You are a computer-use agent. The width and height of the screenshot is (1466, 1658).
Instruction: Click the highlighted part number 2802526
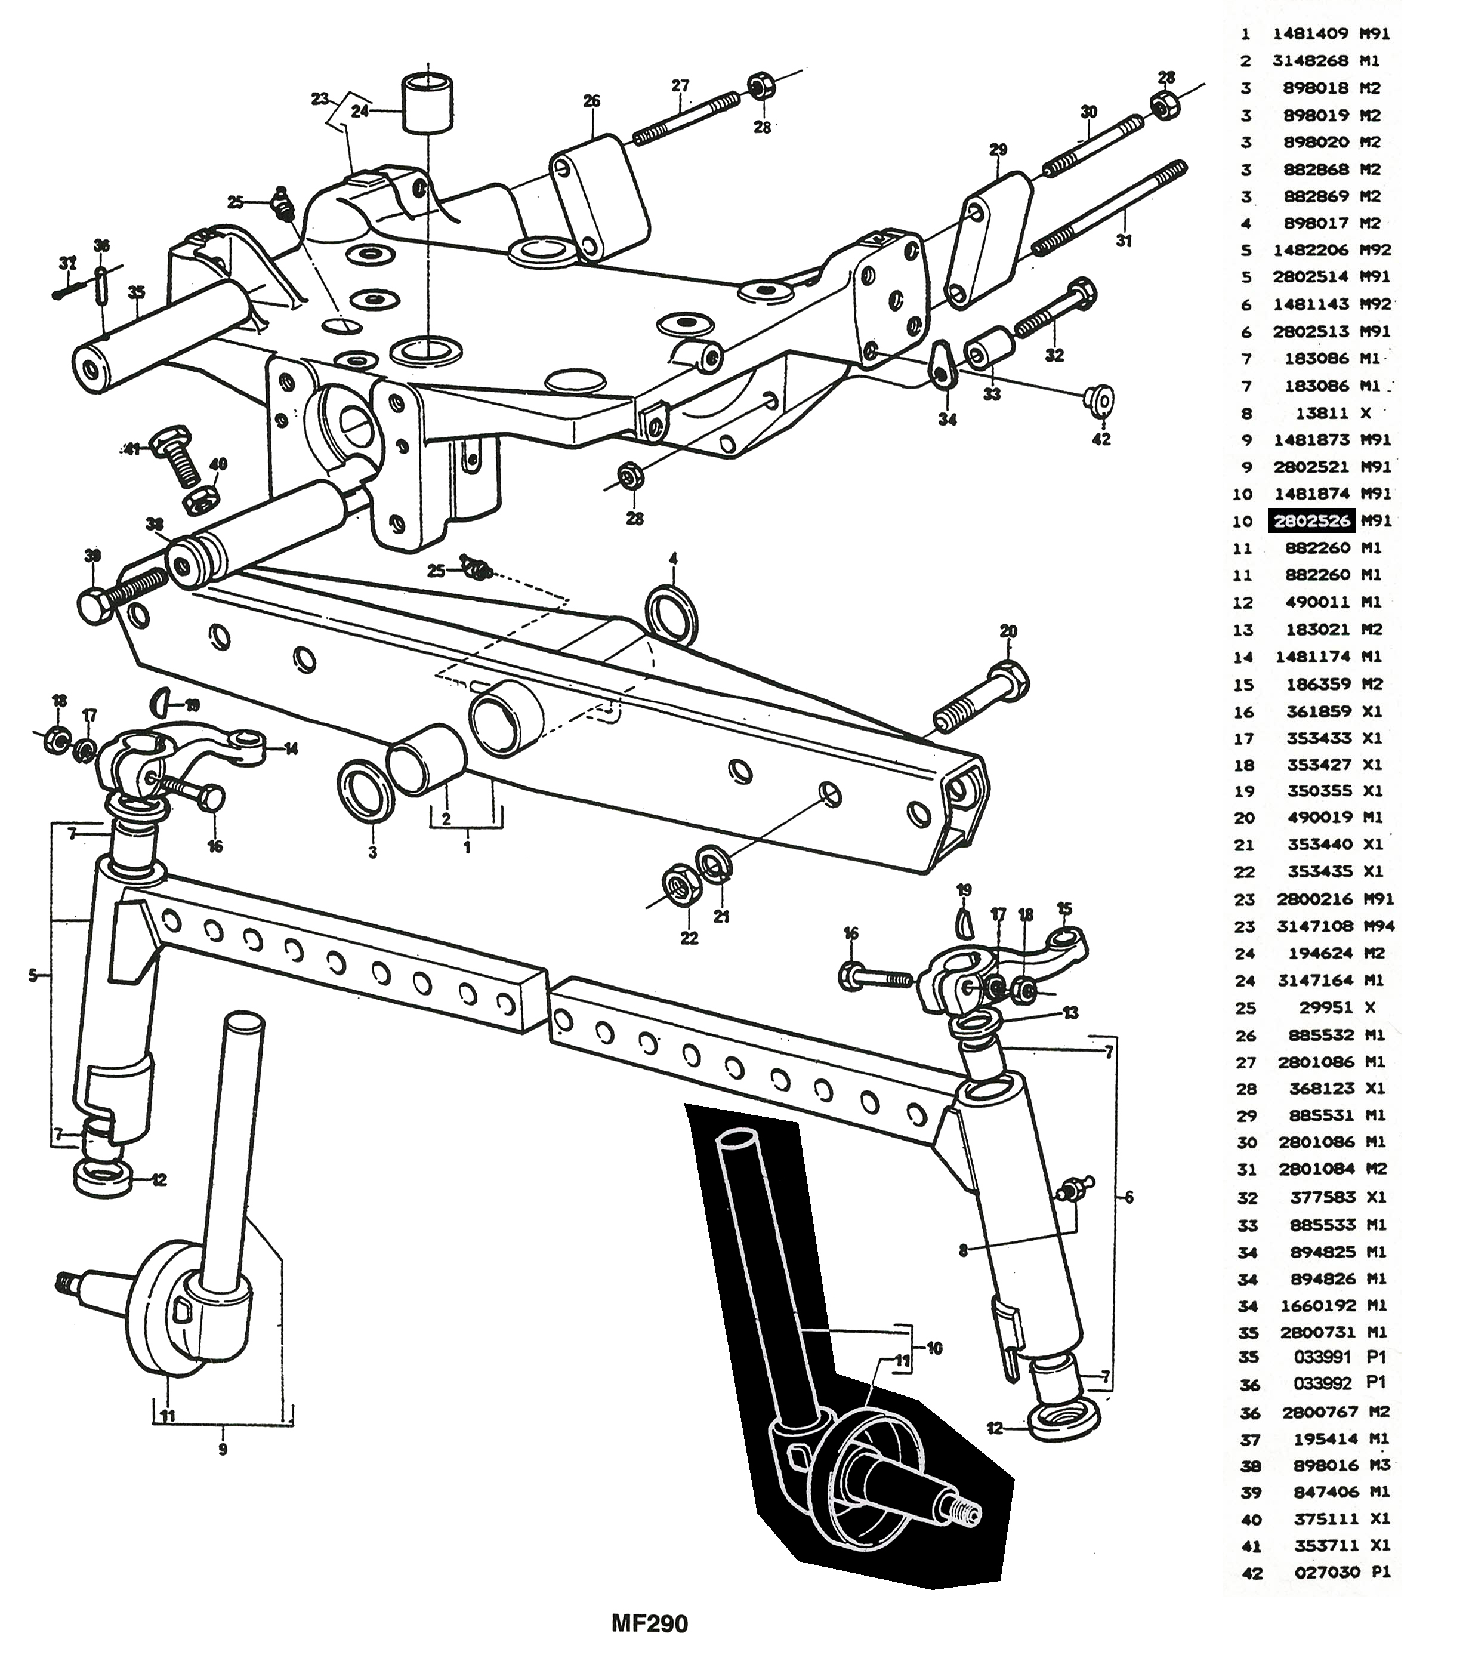tap(1311, 521)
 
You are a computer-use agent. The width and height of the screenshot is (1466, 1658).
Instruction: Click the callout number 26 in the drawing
tap(591, 101)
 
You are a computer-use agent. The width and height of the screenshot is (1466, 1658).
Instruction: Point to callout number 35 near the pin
tap(136, 289)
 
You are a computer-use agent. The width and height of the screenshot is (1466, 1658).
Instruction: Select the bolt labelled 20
tap(982, 696)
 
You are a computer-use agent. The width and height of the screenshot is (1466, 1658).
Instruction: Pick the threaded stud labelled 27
tap(685, 116)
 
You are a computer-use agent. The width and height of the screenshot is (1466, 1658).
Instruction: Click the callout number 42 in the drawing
tap(1101, 439)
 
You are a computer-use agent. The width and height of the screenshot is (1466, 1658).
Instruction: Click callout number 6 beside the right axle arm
tap(1129, 1197)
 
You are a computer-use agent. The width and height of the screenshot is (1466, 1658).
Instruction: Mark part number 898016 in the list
tap(1323, 1465)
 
